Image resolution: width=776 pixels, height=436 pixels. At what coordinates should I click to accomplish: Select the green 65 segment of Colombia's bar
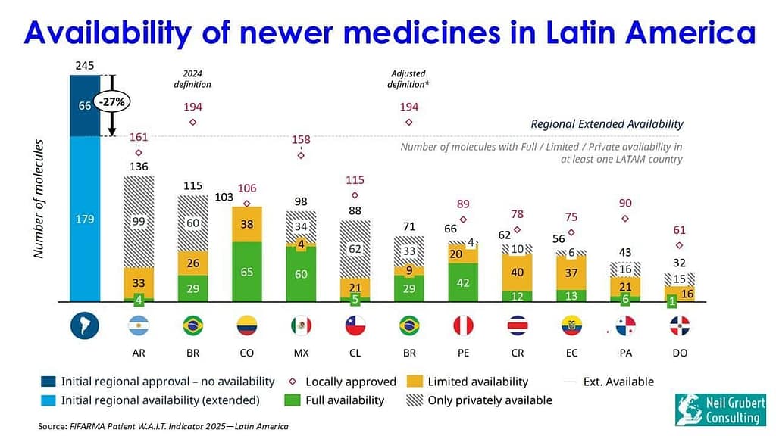click(247, 272)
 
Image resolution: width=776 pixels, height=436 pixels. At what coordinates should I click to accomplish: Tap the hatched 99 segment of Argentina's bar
click(139, 221)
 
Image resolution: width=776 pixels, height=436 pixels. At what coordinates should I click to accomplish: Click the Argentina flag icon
click(139, 325)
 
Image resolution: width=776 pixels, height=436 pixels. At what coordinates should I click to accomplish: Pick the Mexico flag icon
click(301, 325)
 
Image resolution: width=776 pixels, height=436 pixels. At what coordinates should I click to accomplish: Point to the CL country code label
click(355, 353)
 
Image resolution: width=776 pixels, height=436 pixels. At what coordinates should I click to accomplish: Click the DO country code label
click(680, 353)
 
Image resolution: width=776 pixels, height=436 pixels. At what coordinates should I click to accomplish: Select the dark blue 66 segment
click(85, 106)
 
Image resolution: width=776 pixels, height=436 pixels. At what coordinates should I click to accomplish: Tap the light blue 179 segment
click(85, 220)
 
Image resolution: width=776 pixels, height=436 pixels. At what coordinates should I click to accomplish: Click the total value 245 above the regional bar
click(85, 67)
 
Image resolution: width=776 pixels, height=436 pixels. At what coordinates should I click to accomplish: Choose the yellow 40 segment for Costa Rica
click(518, 272)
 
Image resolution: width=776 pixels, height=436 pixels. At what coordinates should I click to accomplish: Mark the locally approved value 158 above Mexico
click(301, 139)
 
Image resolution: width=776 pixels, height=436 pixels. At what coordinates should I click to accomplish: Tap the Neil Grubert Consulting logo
click(721, 410)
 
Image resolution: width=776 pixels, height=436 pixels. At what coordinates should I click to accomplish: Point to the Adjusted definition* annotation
click(410, 79)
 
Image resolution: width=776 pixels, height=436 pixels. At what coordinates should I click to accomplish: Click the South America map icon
click(85, 325)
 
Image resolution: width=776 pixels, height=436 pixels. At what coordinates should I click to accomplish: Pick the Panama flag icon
click(626, 325)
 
